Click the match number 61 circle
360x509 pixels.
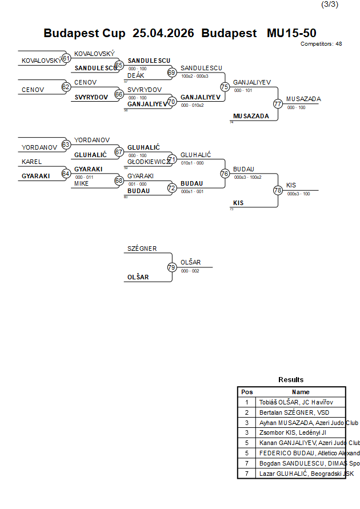[66, 58]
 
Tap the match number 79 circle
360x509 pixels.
[172, 267]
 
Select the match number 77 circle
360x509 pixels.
[278, 104]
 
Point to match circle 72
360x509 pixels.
[172, 187]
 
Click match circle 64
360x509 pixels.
[66, 174]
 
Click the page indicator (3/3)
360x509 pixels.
[330, 5]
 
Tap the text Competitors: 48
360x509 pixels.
[321, 43]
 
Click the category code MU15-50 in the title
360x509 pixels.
[291, 33]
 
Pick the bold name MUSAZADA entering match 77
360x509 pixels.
[251, 116]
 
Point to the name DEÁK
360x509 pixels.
[135, 75]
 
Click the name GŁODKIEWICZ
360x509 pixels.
[149, 162]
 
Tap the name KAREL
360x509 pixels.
[32, 162]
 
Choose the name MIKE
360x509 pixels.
[82, 183]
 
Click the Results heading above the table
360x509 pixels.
[291, 380]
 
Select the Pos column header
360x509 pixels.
[247, 392]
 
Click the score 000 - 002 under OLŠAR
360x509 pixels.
[190, 271]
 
